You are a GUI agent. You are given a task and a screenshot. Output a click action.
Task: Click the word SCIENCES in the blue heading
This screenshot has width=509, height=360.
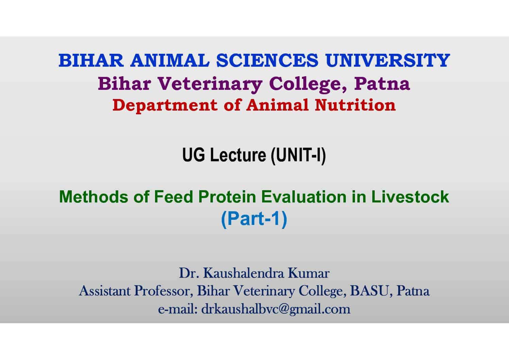coord(267,61)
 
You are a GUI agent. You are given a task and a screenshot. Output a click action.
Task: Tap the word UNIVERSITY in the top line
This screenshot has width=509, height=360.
coord(388,61)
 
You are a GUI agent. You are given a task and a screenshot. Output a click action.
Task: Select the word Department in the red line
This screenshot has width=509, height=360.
coord(165,105)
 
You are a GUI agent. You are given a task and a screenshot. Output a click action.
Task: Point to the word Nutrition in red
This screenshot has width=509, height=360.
coord(355,105)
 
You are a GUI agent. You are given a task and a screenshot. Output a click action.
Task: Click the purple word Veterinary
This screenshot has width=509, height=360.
coord(210,84)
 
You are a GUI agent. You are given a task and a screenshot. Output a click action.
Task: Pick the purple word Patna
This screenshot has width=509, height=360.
coord(382,84)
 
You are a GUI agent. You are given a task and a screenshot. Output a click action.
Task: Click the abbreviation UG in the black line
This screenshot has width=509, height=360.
coord(193,155)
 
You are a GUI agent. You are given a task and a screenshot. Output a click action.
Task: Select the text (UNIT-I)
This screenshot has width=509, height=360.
coord(298,156)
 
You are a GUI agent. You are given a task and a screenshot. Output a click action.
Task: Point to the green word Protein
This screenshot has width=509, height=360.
coord(227,196)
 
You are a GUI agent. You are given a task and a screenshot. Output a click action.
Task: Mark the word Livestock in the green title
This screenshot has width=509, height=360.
coord(410,196)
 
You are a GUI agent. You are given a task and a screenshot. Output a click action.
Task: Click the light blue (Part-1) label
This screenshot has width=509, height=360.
coord(254,219)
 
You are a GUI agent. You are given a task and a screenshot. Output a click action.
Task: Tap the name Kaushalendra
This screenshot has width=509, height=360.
coord(243,273)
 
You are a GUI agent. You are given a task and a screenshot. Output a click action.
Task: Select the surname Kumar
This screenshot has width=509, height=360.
coord(309,273)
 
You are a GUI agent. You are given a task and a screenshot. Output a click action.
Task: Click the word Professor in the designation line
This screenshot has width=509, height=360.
coord(164,291)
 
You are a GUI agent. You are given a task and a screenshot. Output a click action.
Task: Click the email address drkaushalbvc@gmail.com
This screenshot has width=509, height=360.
coord(276,309)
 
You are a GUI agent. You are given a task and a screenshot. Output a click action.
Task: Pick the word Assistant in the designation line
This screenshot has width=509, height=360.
coord(105,291)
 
